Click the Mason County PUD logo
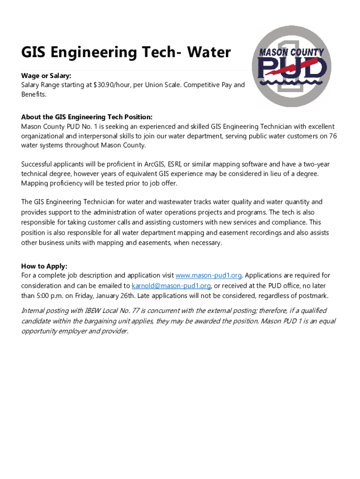point(292,66)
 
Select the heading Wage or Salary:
point(46,76)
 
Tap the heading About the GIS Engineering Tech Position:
point(87,117)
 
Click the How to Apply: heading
point(44,266)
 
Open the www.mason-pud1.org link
point(209,276)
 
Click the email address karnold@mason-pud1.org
point(172,286)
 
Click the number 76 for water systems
point(332,136)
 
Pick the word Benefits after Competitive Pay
point(34,94)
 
